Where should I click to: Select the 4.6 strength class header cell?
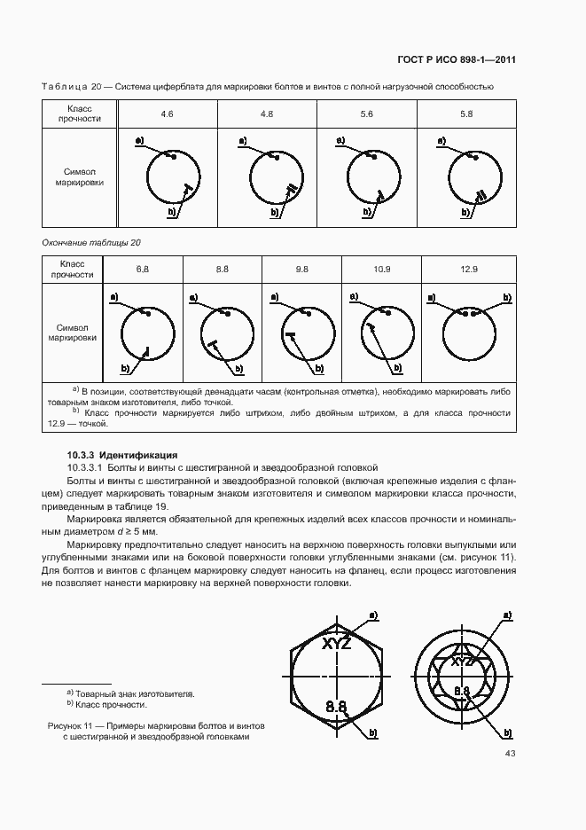coord(167,115)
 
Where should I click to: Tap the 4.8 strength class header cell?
coord(267,115)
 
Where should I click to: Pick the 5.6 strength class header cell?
coord(366,115)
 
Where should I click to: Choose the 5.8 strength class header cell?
coord(466,115)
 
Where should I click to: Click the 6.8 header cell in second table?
coord(143,269)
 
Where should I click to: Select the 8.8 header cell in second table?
coord(222,269)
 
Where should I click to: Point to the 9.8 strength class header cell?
coord(301,269)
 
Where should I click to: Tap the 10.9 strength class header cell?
coord(381,269)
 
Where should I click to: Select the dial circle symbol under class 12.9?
coord(469,337)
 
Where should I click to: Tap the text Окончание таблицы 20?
coord(91,242)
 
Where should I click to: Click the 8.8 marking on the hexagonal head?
coord(336,707)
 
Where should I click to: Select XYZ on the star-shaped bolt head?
coord(461,662)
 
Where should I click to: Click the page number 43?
coord(510,754)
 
